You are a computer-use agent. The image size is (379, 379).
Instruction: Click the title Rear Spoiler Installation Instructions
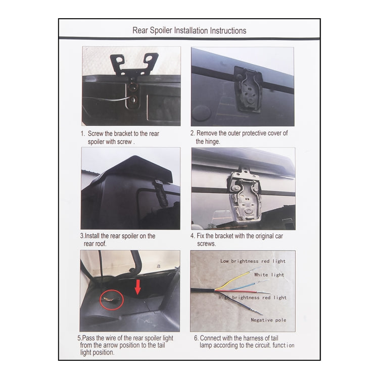pos(189,30)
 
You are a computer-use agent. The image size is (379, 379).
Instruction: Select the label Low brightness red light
pos(253,261)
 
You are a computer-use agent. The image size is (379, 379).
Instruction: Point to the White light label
pos(269,275)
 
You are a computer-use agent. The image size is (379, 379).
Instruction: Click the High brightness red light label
pos(252,298)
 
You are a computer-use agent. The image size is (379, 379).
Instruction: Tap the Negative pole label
pos(268,320)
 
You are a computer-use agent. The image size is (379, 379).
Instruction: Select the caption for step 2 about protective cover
pos(239,137)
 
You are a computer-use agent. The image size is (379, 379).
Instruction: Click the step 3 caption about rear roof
pos(118,240)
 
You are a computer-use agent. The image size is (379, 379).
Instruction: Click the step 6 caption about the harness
pos(242,342)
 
